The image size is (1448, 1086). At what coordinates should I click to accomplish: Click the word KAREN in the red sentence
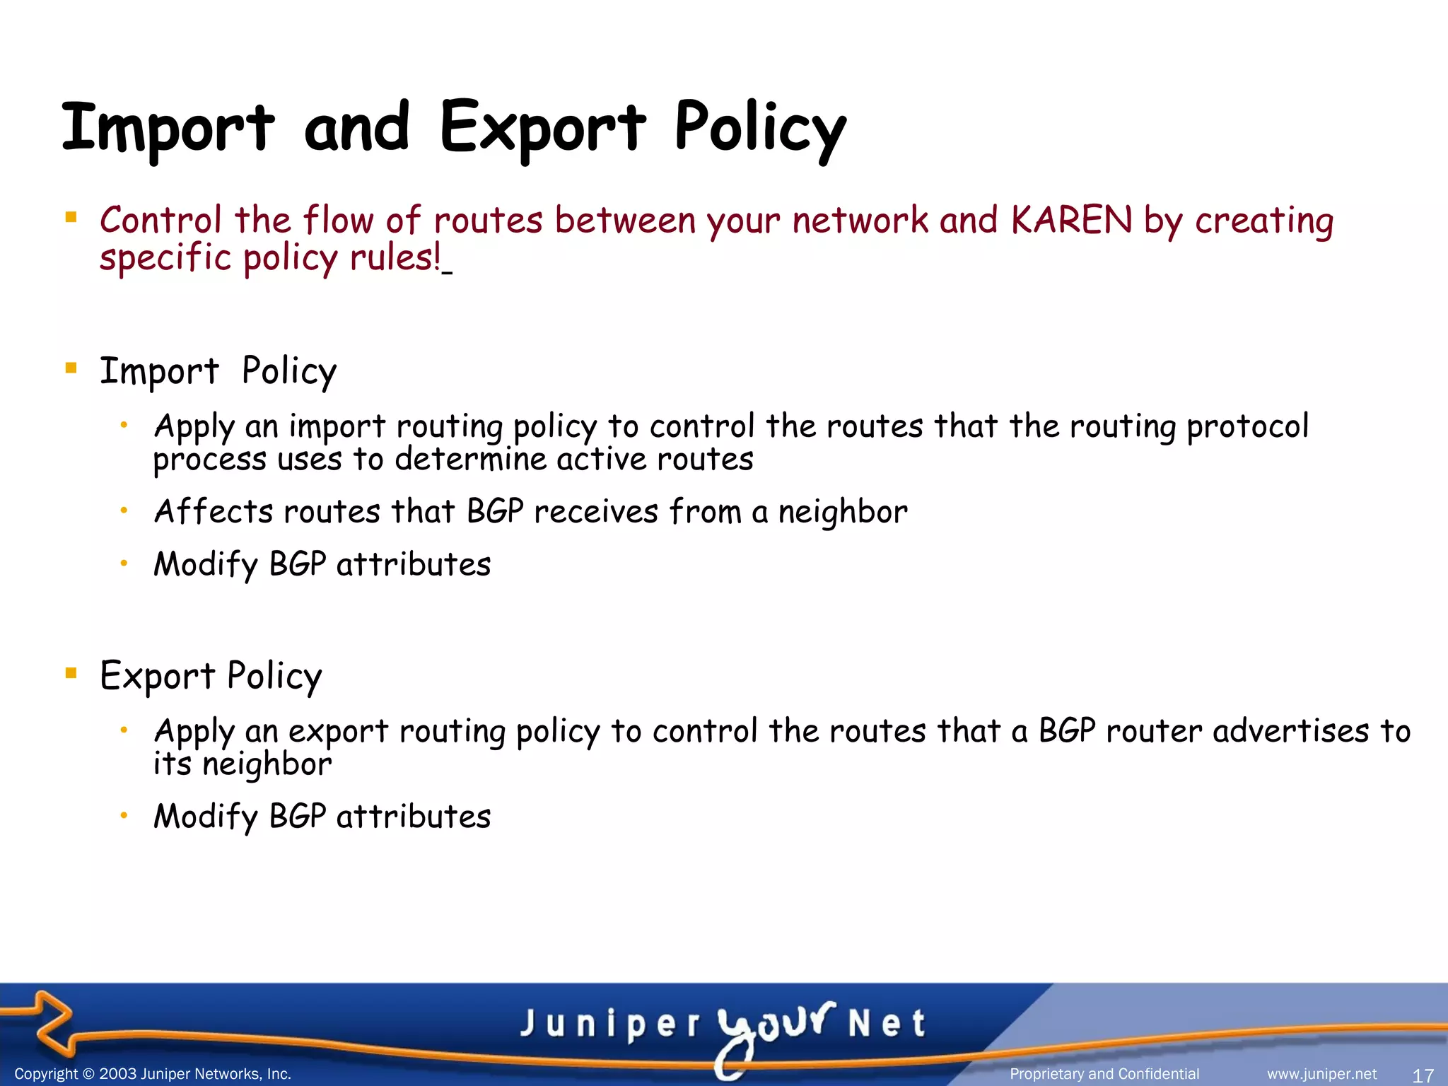pyautogui.click(x=1071, y=220)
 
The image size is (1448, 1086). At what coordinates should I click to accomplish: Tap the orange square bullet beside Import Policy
pyautogui.click(x=71, y=368)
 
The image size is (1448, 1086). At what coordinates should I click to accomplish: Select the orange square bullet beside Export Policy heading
pyautogui.click(x=71, y=672)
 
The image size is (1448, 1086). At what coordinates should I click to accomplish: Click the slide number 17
pyautogui.click(x=1423, y=1075)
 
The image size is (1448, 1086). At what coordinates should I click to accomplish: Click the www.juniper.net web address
pyautogui.click(x=1321, y=1074)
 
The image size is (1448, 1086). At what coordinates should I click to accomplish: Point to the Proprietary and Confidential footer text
pyautogui.click(x=1104, y=1074)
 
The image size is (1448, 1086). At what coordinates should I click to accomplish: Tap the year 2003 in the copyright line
pyautogui.click(x=117, y=1074)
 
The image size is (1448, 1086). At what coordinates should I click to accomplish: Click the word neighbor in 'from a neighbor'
pyautogui.click(x=843, y=512)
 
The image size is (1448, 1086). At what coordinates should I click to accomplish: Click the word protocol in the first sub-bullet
pyautogui.click(x=1247, y=426)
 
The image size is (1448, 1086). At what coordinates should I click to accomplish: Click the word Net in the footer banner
pyautogui.click(x=887, y=1024)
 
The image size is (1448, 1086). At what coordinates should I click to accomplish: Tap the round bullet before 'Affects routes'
pyautogui.click(x=123, y=510)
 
